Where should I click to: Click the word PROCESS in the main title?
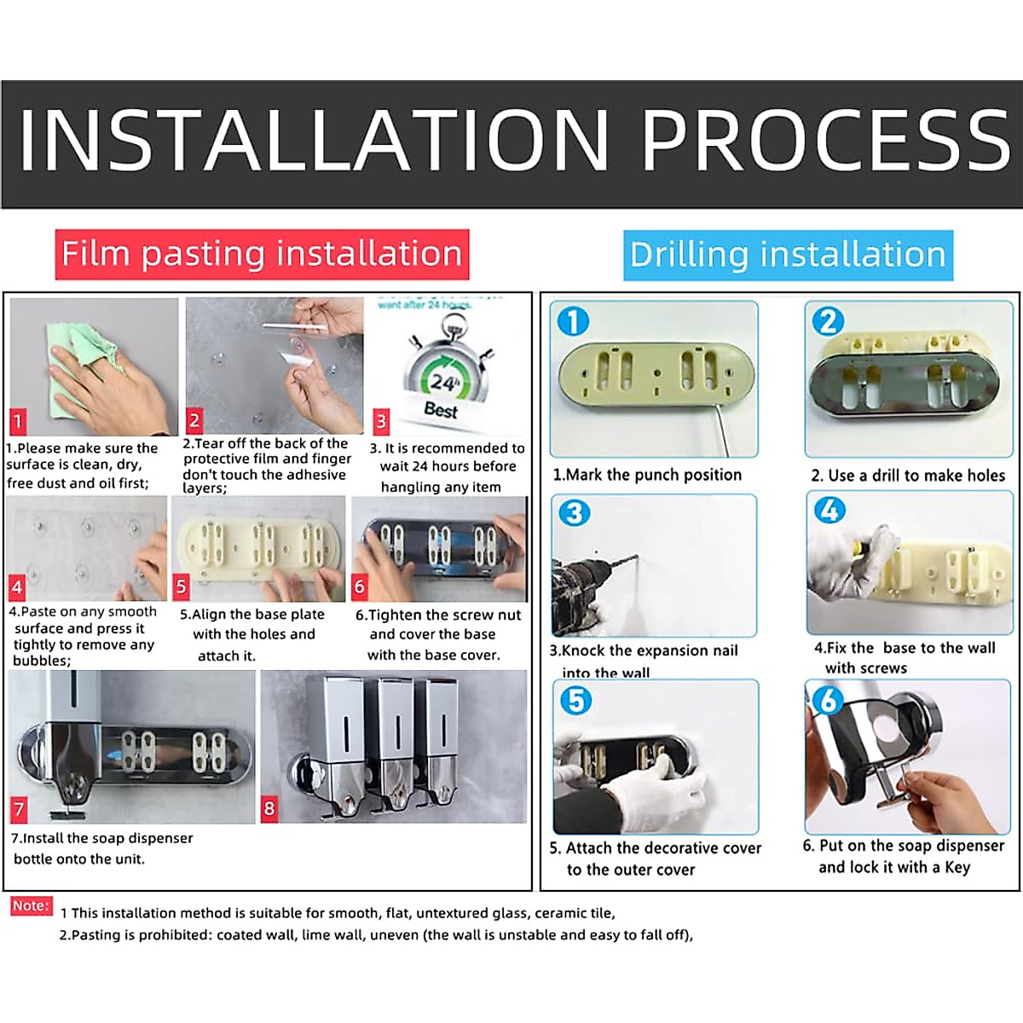pos(825,140)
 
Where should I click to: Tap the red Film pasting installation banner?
pos(262,254)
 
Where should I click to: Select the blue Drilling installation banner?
pos(788,255)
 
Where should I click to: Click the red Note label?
pos(31,905)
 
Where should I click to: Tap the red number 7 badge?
pos(19,808)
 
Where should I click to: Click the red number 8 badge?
pos(269,808)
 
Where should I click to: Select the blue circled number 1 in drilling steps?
pos(573,321)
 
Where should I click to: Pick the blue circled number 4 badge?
pos(829,511)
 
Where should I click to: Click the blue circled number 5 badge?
pos(575,700)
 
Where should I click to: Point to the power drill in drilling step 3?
pos(588,588)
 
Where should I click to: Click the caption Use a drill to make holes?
pos(908,476)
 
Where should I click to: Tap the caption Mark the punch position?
pos(647,475)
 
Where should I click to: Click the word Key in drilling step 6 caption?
pos(957,867)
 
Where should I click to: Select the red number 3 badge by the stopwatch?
pos(381,420)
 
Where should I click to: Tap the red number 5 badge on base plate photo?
pos(181,587)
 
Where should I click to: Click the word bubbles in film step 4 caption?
pos(41,661)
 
